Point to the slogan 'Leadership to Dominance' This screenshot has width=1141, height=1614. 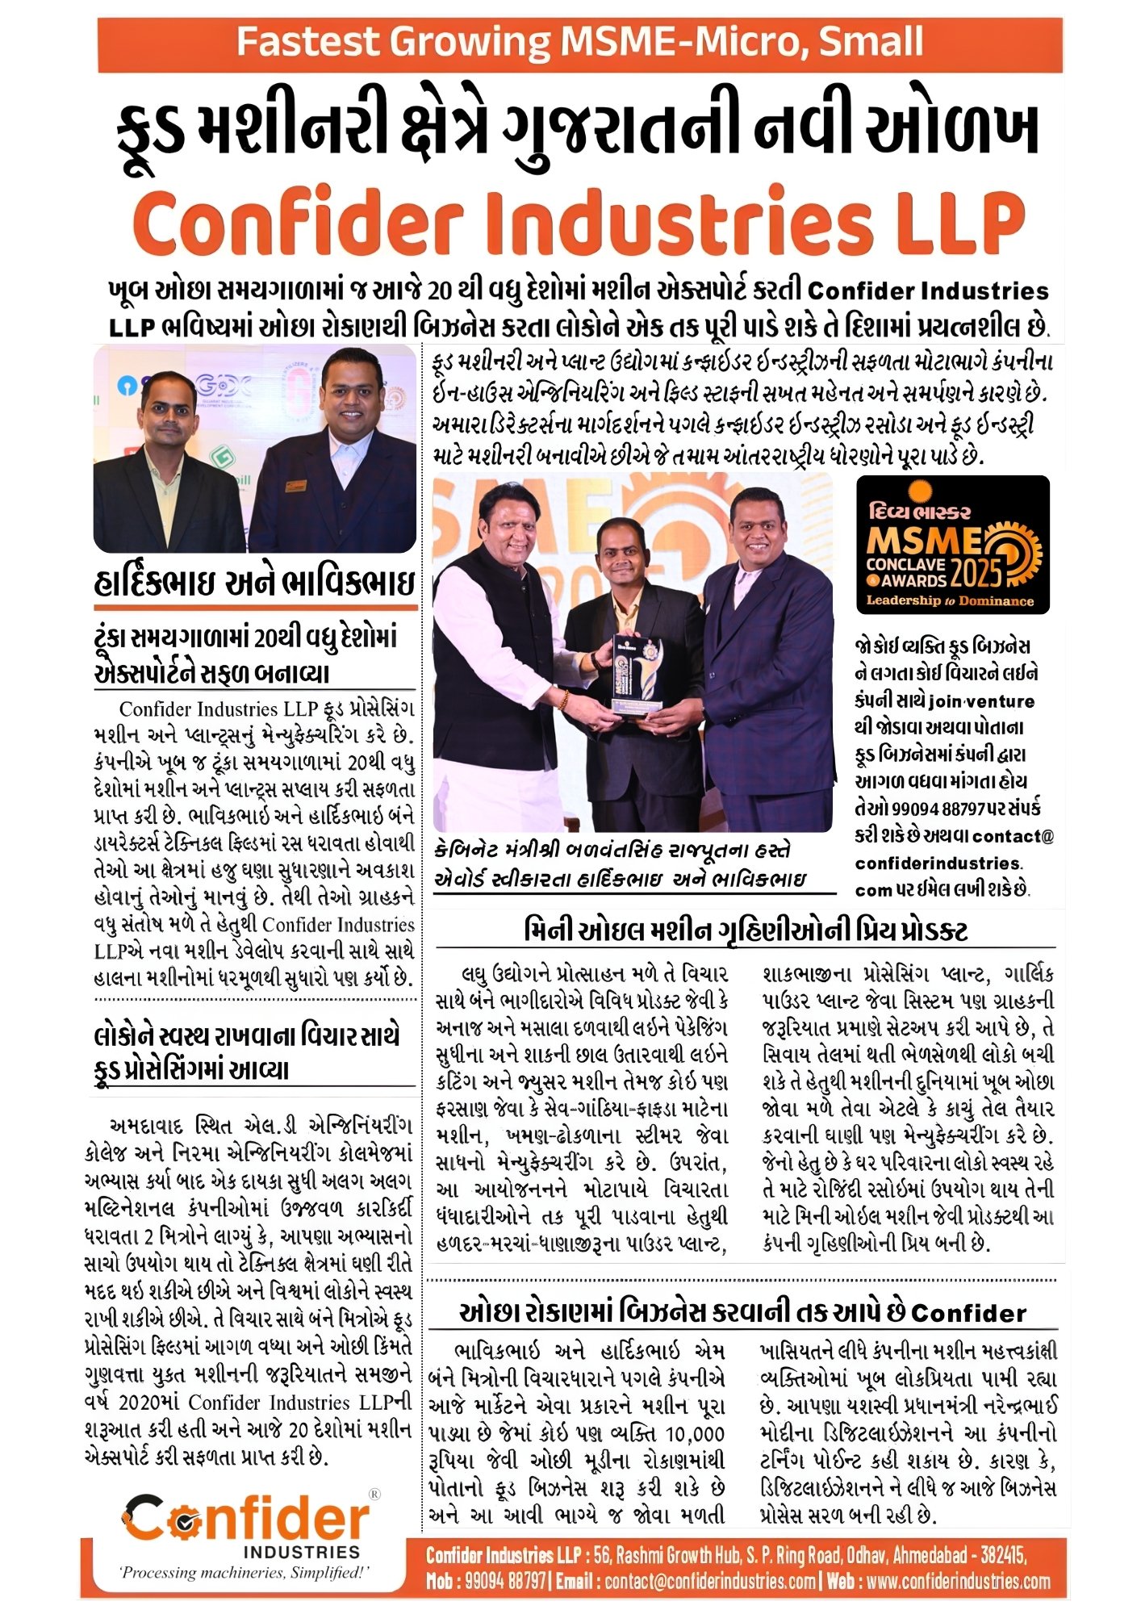pos(950,600)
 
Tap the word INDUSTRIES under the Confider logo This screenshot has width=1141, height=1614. pos(302,1552)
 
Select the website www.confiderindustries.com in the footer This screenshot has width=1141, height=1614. pos(959,1580)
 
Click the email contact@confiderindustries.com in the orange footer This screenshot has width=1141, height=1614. pos(709,1580)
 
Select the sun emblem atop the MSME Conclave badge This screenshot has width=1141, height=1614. pos(917,491)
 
